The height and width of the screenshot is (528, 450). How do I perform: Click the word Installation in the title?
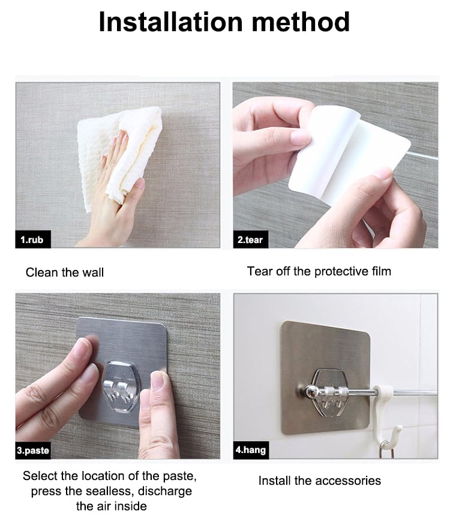coord(171,22)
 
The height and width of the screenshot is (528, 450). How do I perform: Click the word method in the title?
coord(301,22)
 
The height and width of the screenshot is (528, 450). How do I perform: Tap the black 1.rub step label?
coord(32,239)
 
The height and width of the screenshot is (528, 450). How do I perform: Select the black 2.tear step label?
coord(250,239)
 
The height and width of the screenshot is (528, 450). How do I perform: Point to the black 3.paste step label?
coord(33,450)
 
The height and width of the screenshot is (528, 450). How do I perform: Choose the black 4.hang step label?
coord(251,450)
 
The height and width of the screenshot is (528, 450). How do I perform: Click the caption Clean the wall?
coord(65,272)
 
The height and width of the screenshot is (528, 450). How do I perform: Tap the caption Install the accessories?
coord(320,481)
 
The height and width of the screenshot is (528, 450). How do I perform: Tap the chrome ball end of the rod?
coord(309,392)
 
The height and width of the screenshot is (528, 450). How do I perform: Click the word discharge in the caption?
coord(165,491)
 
